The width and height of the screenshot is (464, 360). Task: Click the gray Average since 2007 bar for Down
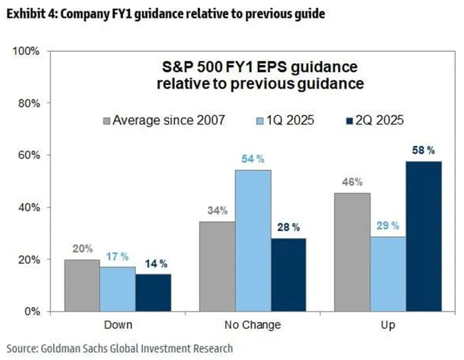click(82, 285)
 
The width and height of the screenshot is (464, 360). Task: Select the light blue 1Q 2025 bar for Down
click(118, 289)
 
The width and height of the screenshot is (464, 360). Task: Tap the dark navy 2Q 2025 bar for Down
click(153, 292)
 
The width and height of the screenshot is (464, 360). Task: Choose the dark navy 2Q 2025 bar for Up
click(424, 236)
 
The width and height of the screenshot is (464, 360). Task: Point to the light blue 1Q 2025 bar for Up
click(388, 274)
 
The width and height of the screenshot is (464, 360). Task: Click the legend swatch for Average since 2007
click(107, 121)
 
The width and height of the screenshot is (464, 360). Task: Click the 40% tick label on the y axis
click(27, 208)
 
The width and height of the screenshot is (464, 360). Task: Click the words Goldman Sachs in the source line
click(71, 348)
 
